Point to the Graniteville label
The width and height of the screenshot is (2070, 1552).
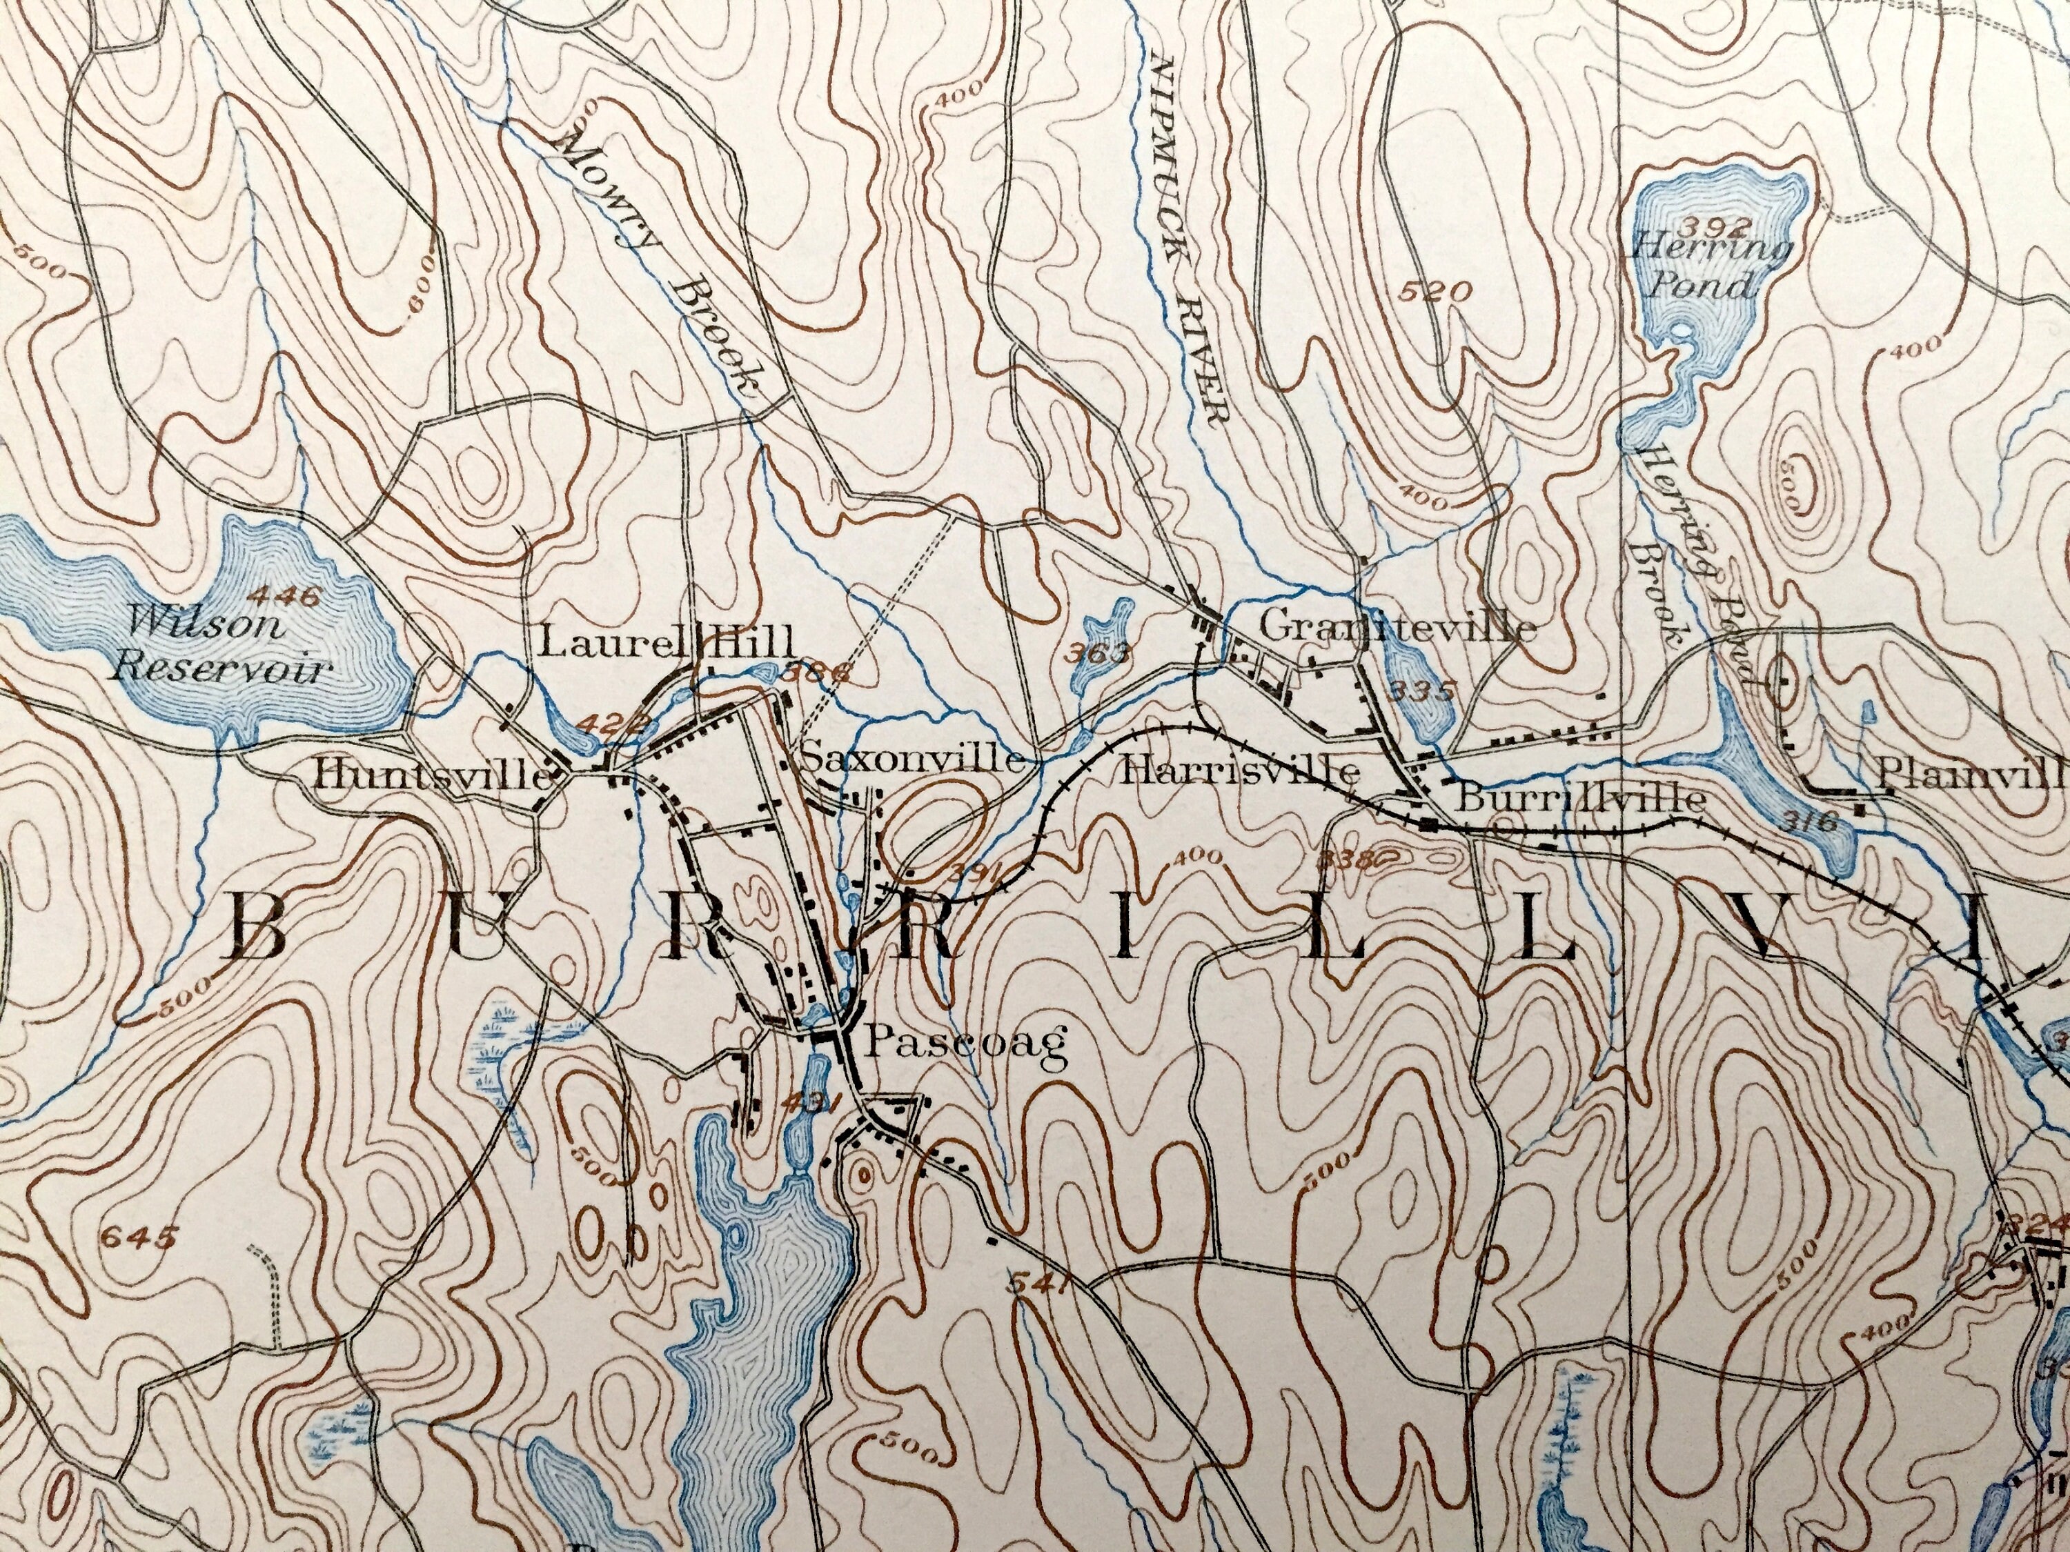[x=1397, y=628]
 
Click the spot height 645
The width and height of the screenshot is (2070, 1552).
[x=139, y=1240]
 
